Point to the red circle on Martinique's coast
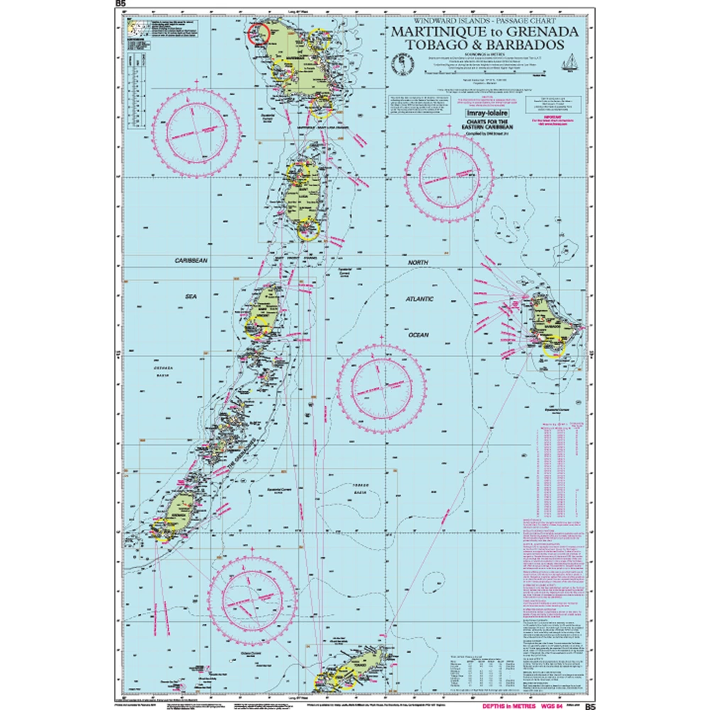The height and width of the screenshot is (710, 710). coord(258,32)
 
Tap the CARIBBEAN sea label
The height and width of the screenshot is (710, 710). coord(191,261)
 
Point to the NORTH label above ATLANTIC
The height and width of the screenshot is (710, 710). coord(419,263)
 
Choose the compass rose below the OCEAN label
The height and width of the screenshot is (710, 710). coord(374,387)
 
